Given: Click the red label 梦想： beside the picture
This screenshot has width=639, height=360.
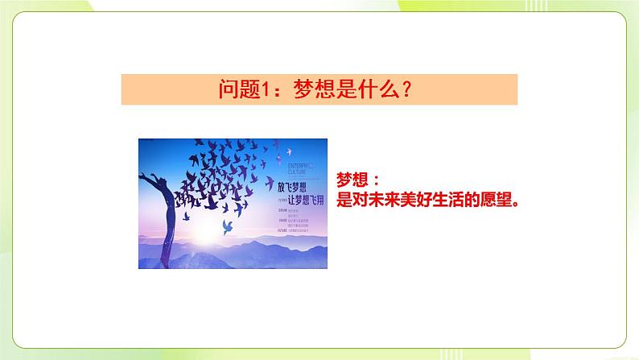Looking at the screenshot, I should pyautogui.click(x=358, y=183).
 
